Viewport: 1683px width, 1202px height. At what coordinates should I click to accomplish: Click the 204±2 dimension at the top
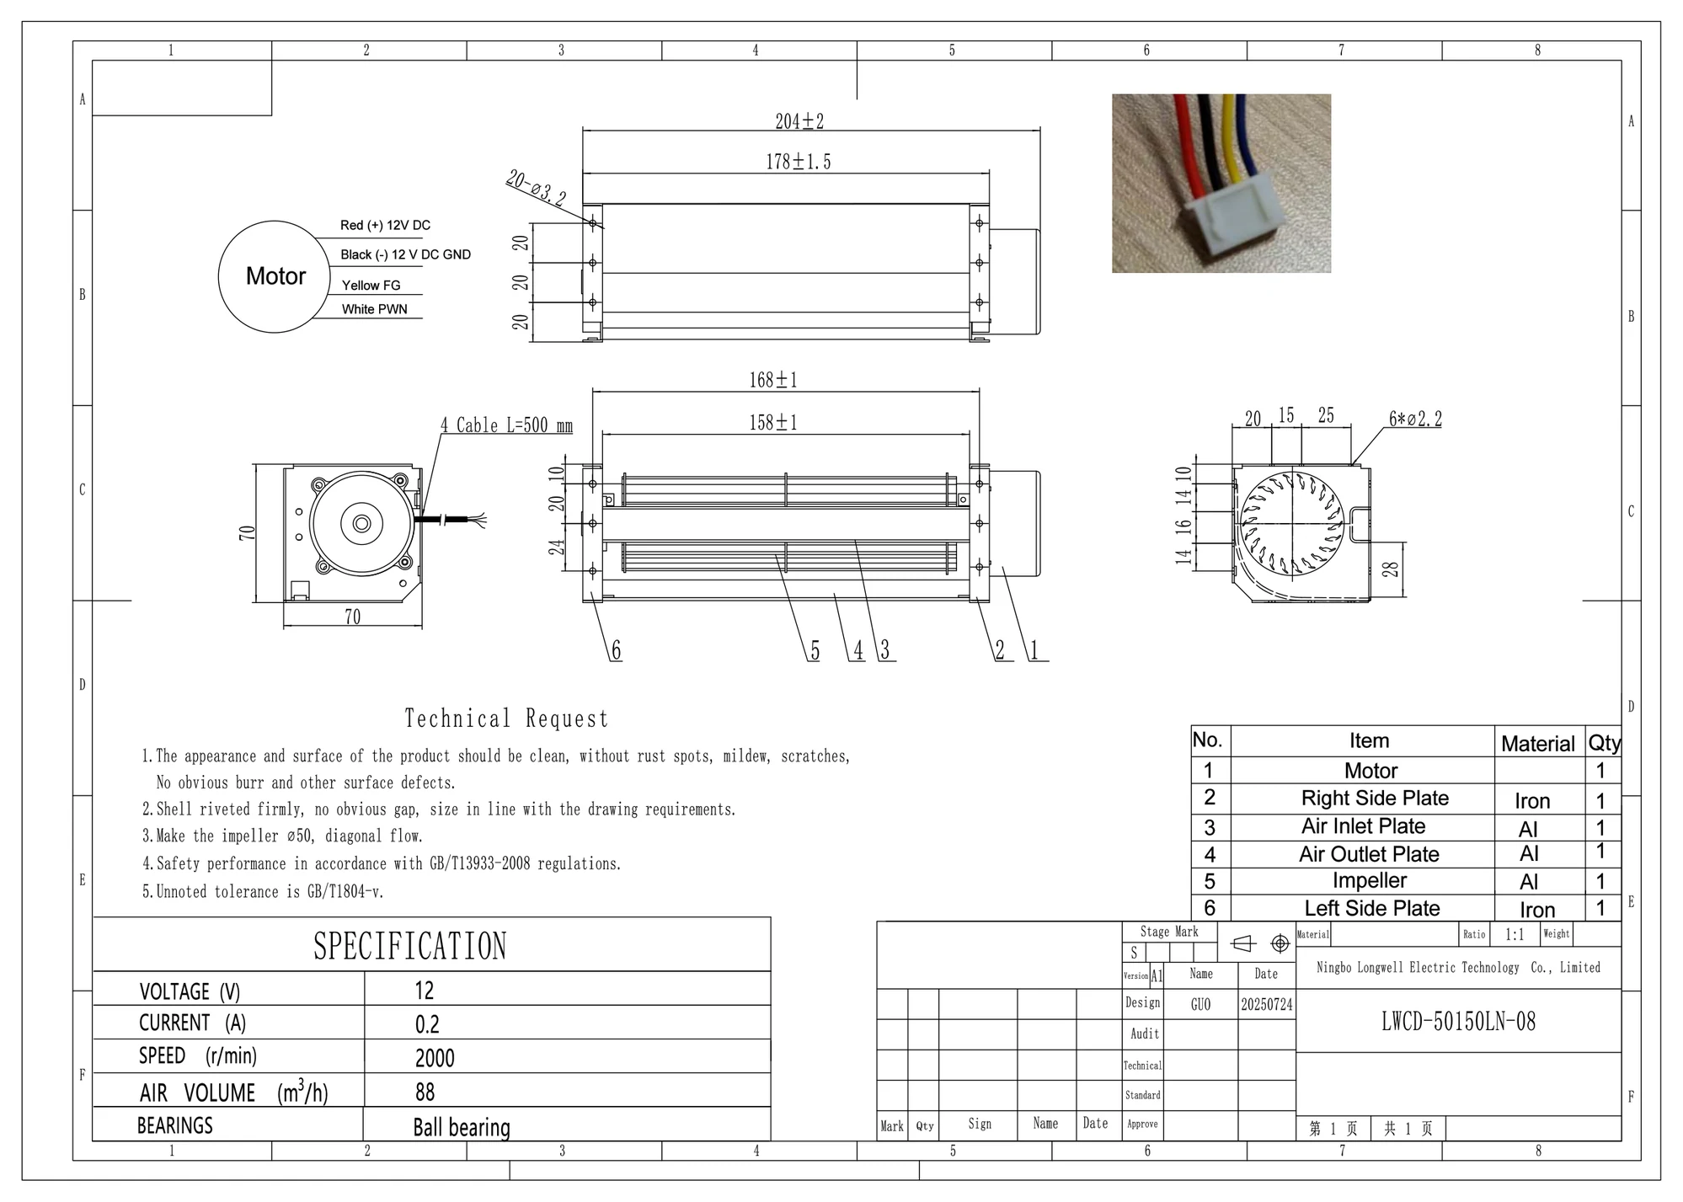[799, 121]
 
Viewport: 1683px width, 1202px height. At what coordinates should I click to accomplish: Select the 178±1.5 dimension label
[798, 162]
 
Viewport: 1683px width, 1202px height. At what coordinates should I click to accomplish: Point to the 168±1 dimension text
[773, 380]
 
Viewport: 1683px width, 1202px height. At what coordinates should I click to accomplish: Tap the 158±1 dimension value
[773, 422]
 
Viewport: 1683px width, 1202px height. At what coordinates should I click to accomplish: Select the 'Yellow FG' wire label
[371, 286]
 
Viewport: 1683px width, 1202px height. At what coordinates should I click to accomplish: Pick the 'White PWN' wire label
[374, 309]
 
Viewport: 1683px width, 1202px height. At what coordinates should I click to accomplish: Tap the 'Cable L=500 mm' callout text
[514, 425]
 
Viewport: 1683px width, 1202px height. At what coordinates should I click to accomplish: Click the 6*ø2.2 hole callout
[1415, 419]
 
